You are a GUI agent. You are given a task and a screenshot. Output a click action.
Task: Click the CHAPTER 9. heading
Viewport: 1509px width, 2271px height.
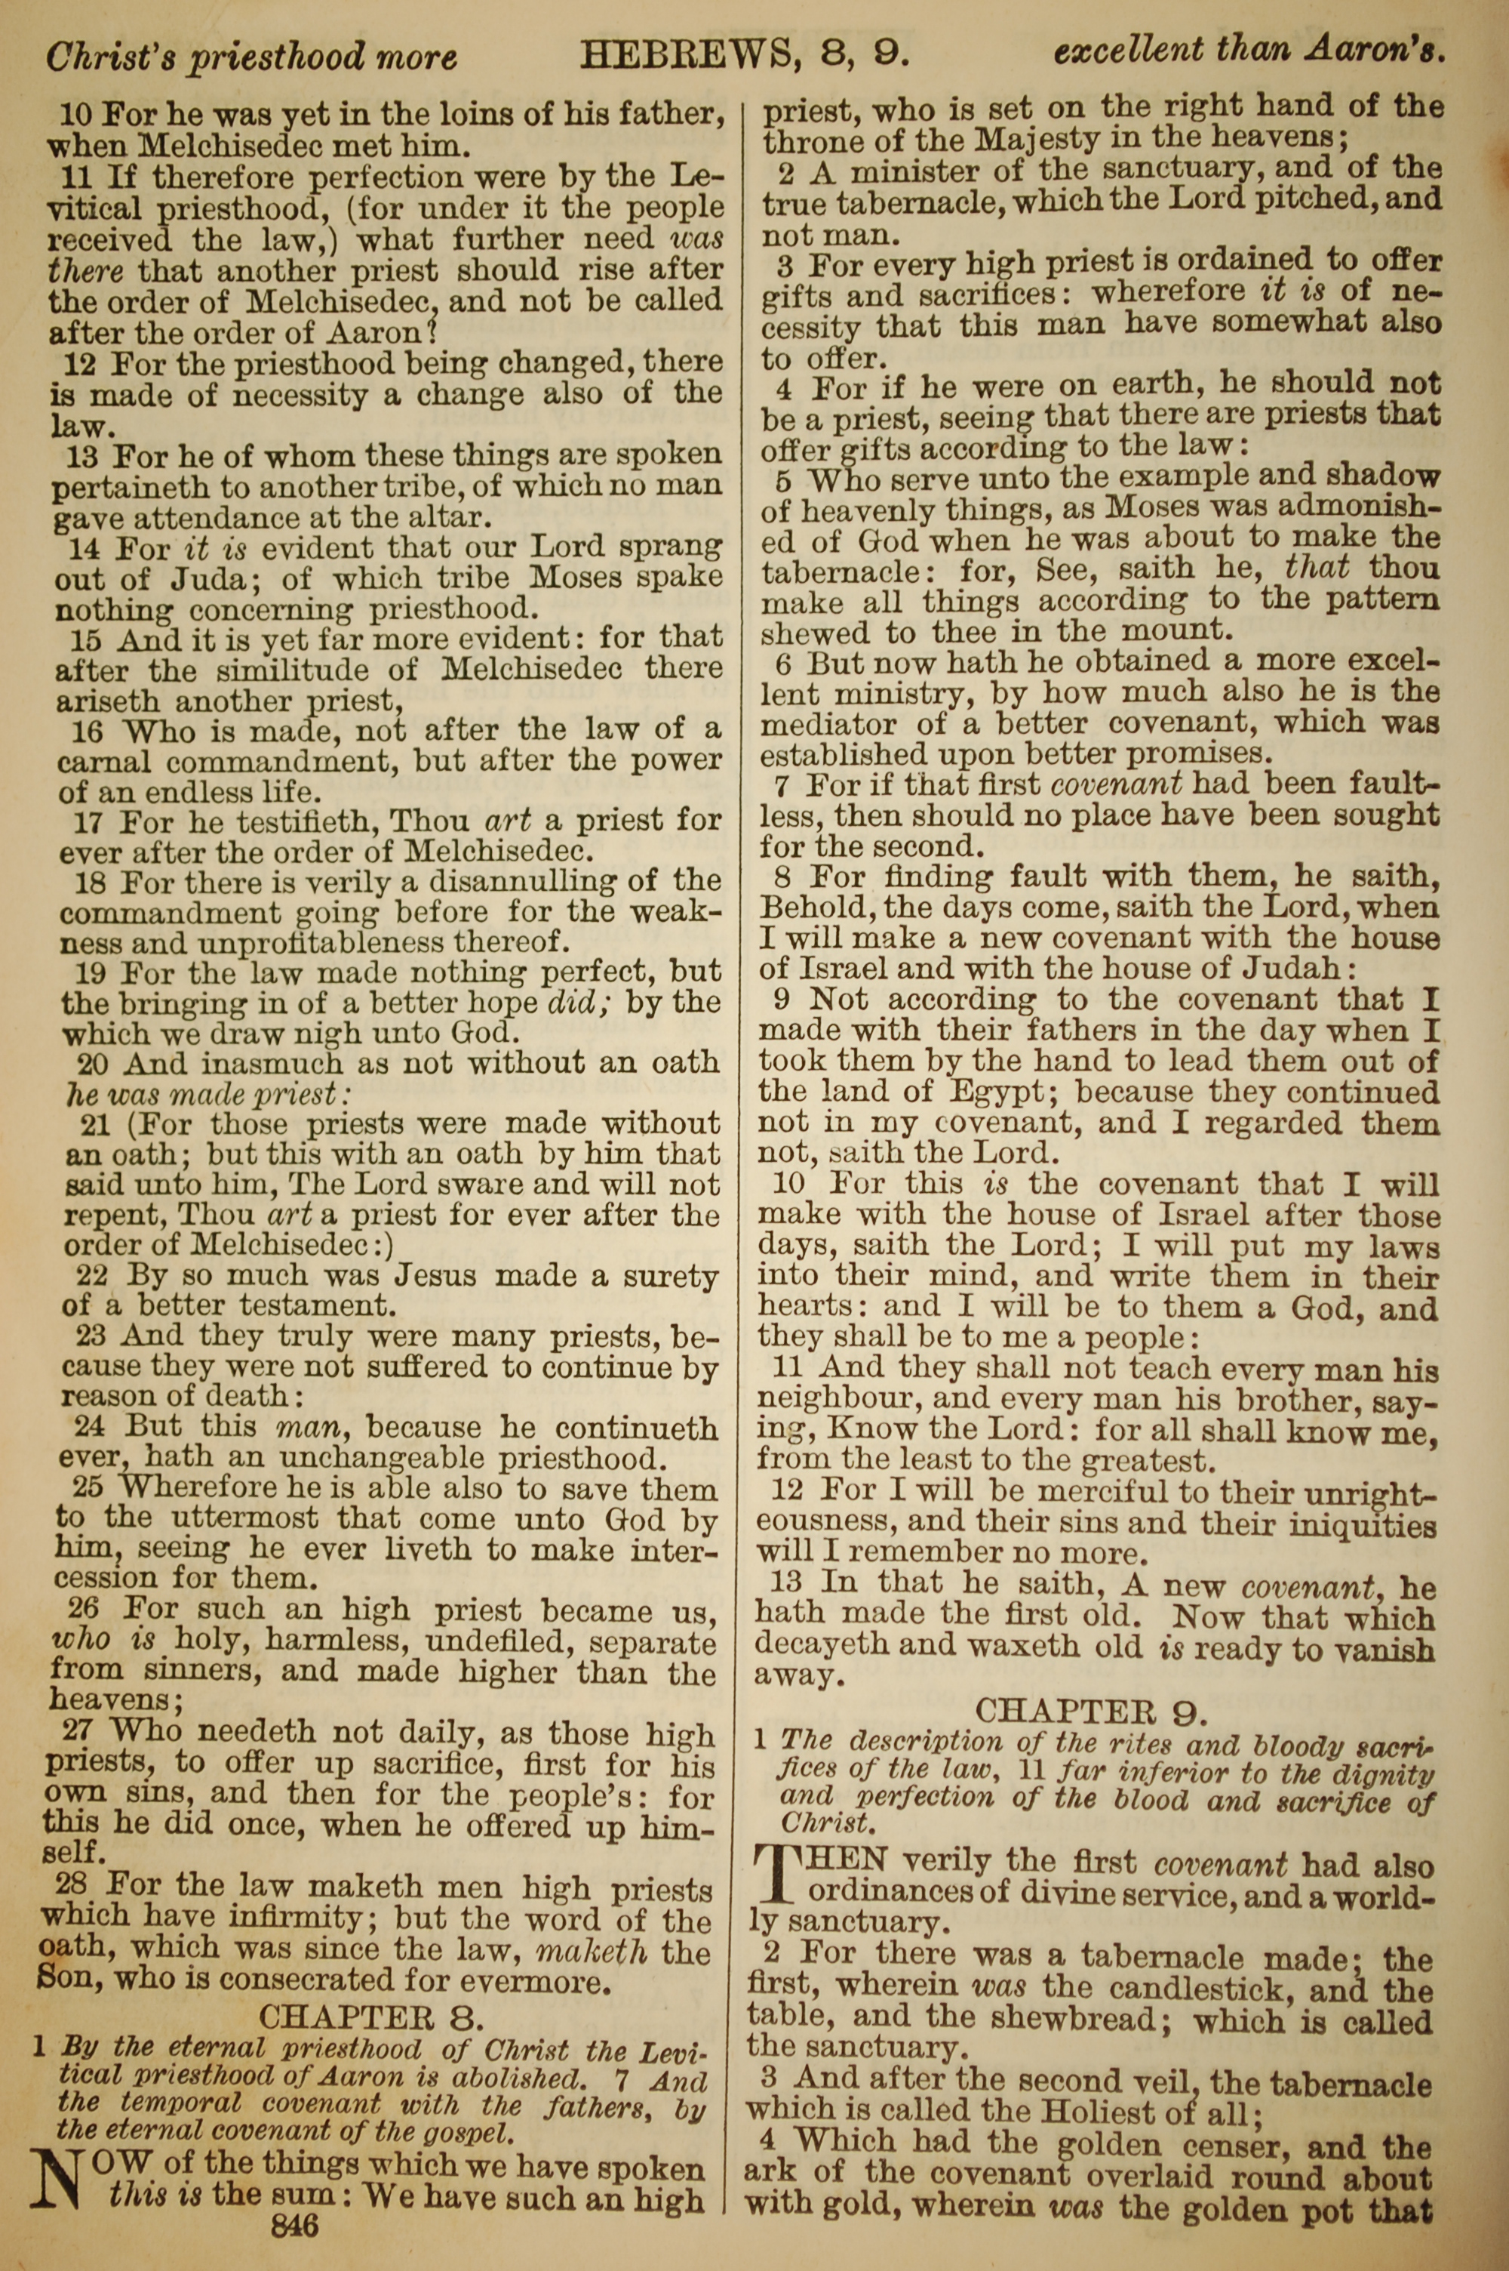(1089, 1712)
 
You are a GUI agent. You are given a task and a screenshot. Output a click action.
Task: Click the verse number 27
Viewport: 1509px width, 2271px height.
(77, 1731)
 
